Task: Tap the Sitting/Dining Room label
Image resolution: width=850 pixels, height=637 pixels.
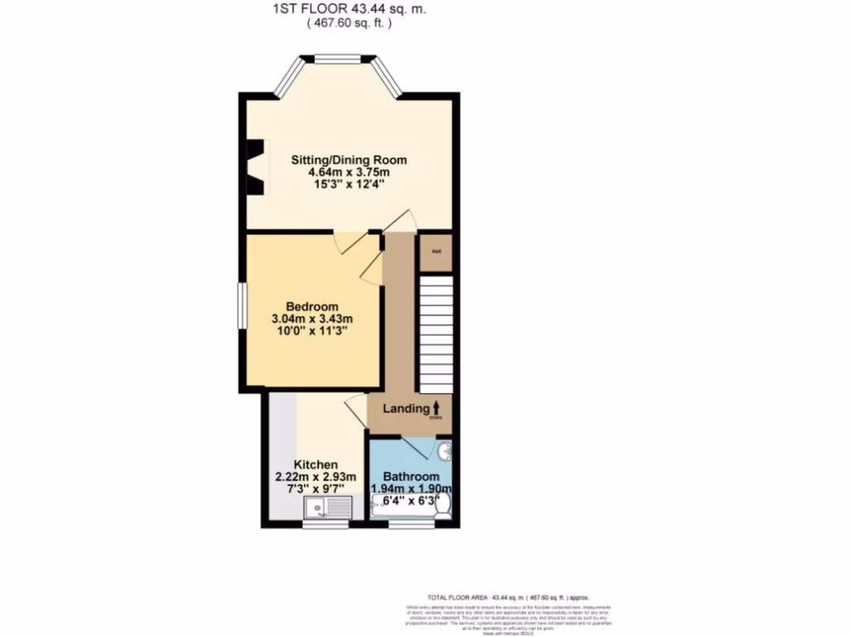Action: coord(348,160)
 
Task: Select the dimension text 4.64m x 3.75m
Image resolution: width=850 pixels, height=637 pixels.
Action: coord(348,173)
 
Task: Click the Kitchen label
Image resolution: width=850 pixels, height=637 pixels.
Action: coord(315,464)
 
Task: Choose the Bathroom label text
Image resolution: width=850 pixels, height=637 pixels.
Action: coord(411,477)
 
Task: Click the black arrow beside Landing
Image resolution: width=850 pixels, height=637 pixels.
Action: coord(437,407)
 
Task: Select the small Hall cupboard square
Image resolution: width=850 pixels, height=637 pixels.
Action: coord(436,252)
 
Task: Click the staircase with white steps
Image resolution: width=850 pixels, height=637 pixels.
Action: coord(436,334)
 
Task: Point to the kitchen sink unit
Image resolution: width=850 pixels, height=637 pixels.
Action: coord(329,507)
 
